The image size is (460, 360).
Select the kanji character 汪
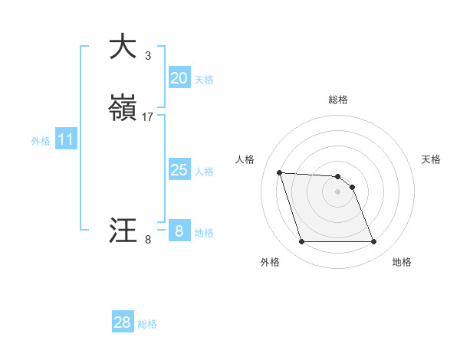pos(123,231)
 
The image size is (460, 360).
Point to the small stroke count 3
pos(148,55)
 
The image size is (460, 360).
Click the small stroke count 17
pos(148,117)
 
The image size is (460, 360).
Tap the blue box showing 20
pos(179,77)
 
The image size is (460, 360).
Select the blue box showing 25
pos(179,170)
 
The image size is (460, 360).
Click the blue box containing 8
pos(179,231)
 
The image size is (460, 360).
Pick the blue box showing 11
pos(66,139)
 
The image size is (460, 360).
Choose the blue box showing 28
pos(123,322)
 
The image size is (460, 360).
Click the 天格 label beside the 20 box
pos(204,80)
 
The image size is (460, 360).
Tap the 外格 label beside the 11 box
pos(41,141)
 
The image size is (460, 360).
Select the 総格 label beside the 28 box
pos(147,324)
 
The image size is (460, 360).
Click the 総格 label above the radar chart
pos(338,100)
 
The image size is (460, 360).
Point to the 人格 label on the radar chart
pos(245,159)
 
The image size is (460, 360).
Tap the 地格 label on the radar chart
pos(402,262)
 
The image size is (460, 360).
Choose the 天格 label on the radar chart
pos(431,159)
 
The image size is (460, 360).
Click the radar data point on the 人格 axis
pos(280,172)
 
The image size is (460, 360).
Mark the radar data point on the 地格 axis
pos(373,242)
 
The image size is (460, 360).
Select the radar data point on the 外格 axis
pos(301,242)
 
